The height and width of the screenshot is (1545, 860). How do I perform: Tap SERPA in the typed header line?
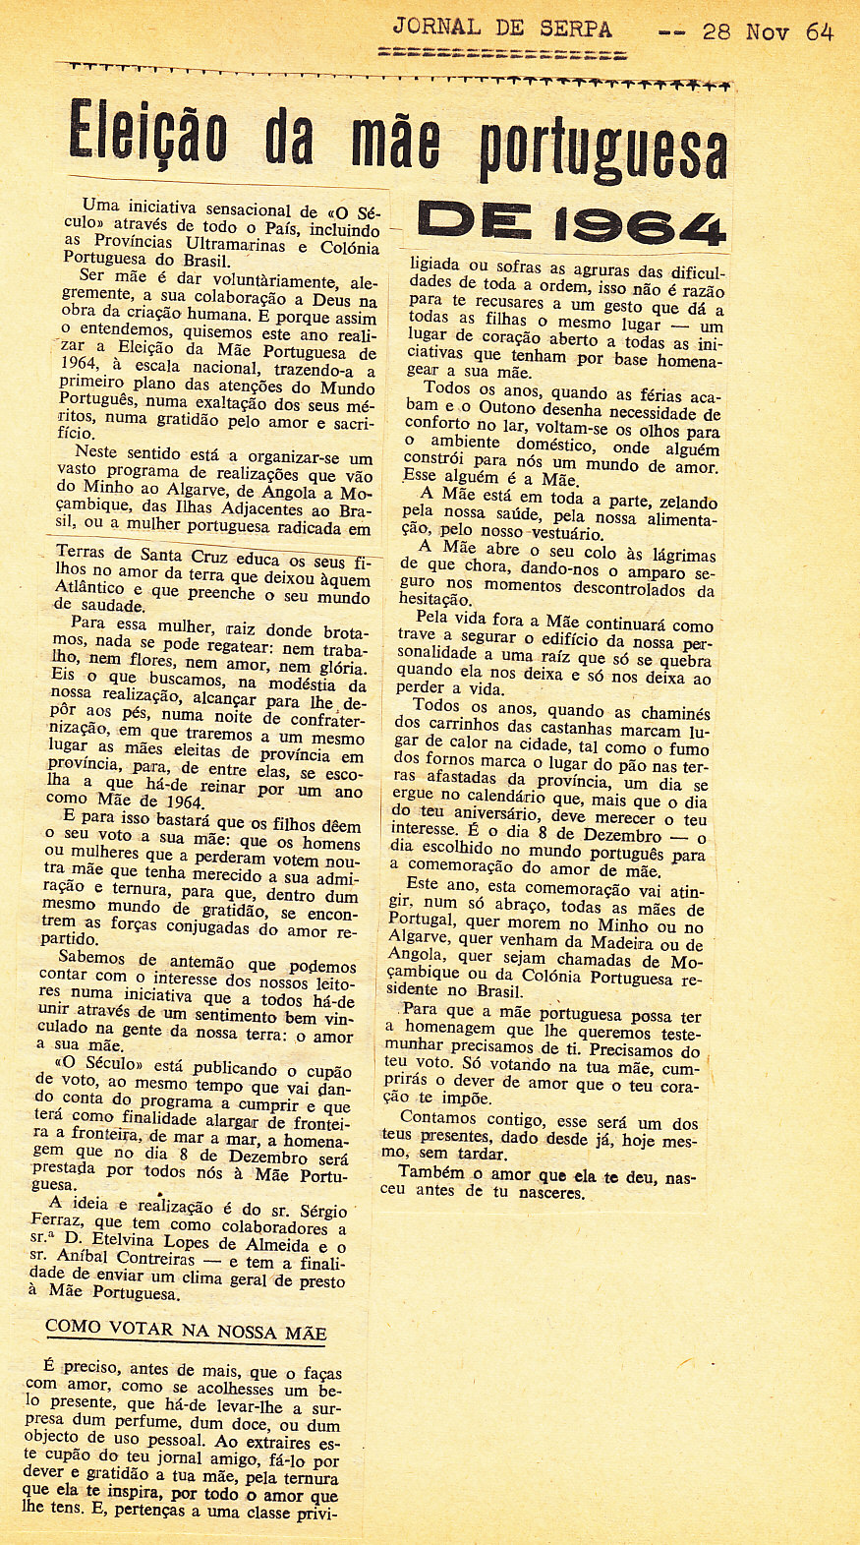(575, 29)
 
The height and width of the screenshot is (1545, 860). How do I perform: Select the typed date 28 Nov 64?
(768, 31)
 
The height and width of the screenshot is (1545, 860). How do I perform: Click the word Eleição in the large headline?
(147, 135)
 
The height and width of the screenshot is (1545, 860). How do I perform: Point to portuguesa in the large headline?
(603, 149)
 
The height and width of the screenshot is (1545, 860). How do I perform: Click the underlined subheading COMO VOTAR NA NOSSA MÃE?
(186, 1332)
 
